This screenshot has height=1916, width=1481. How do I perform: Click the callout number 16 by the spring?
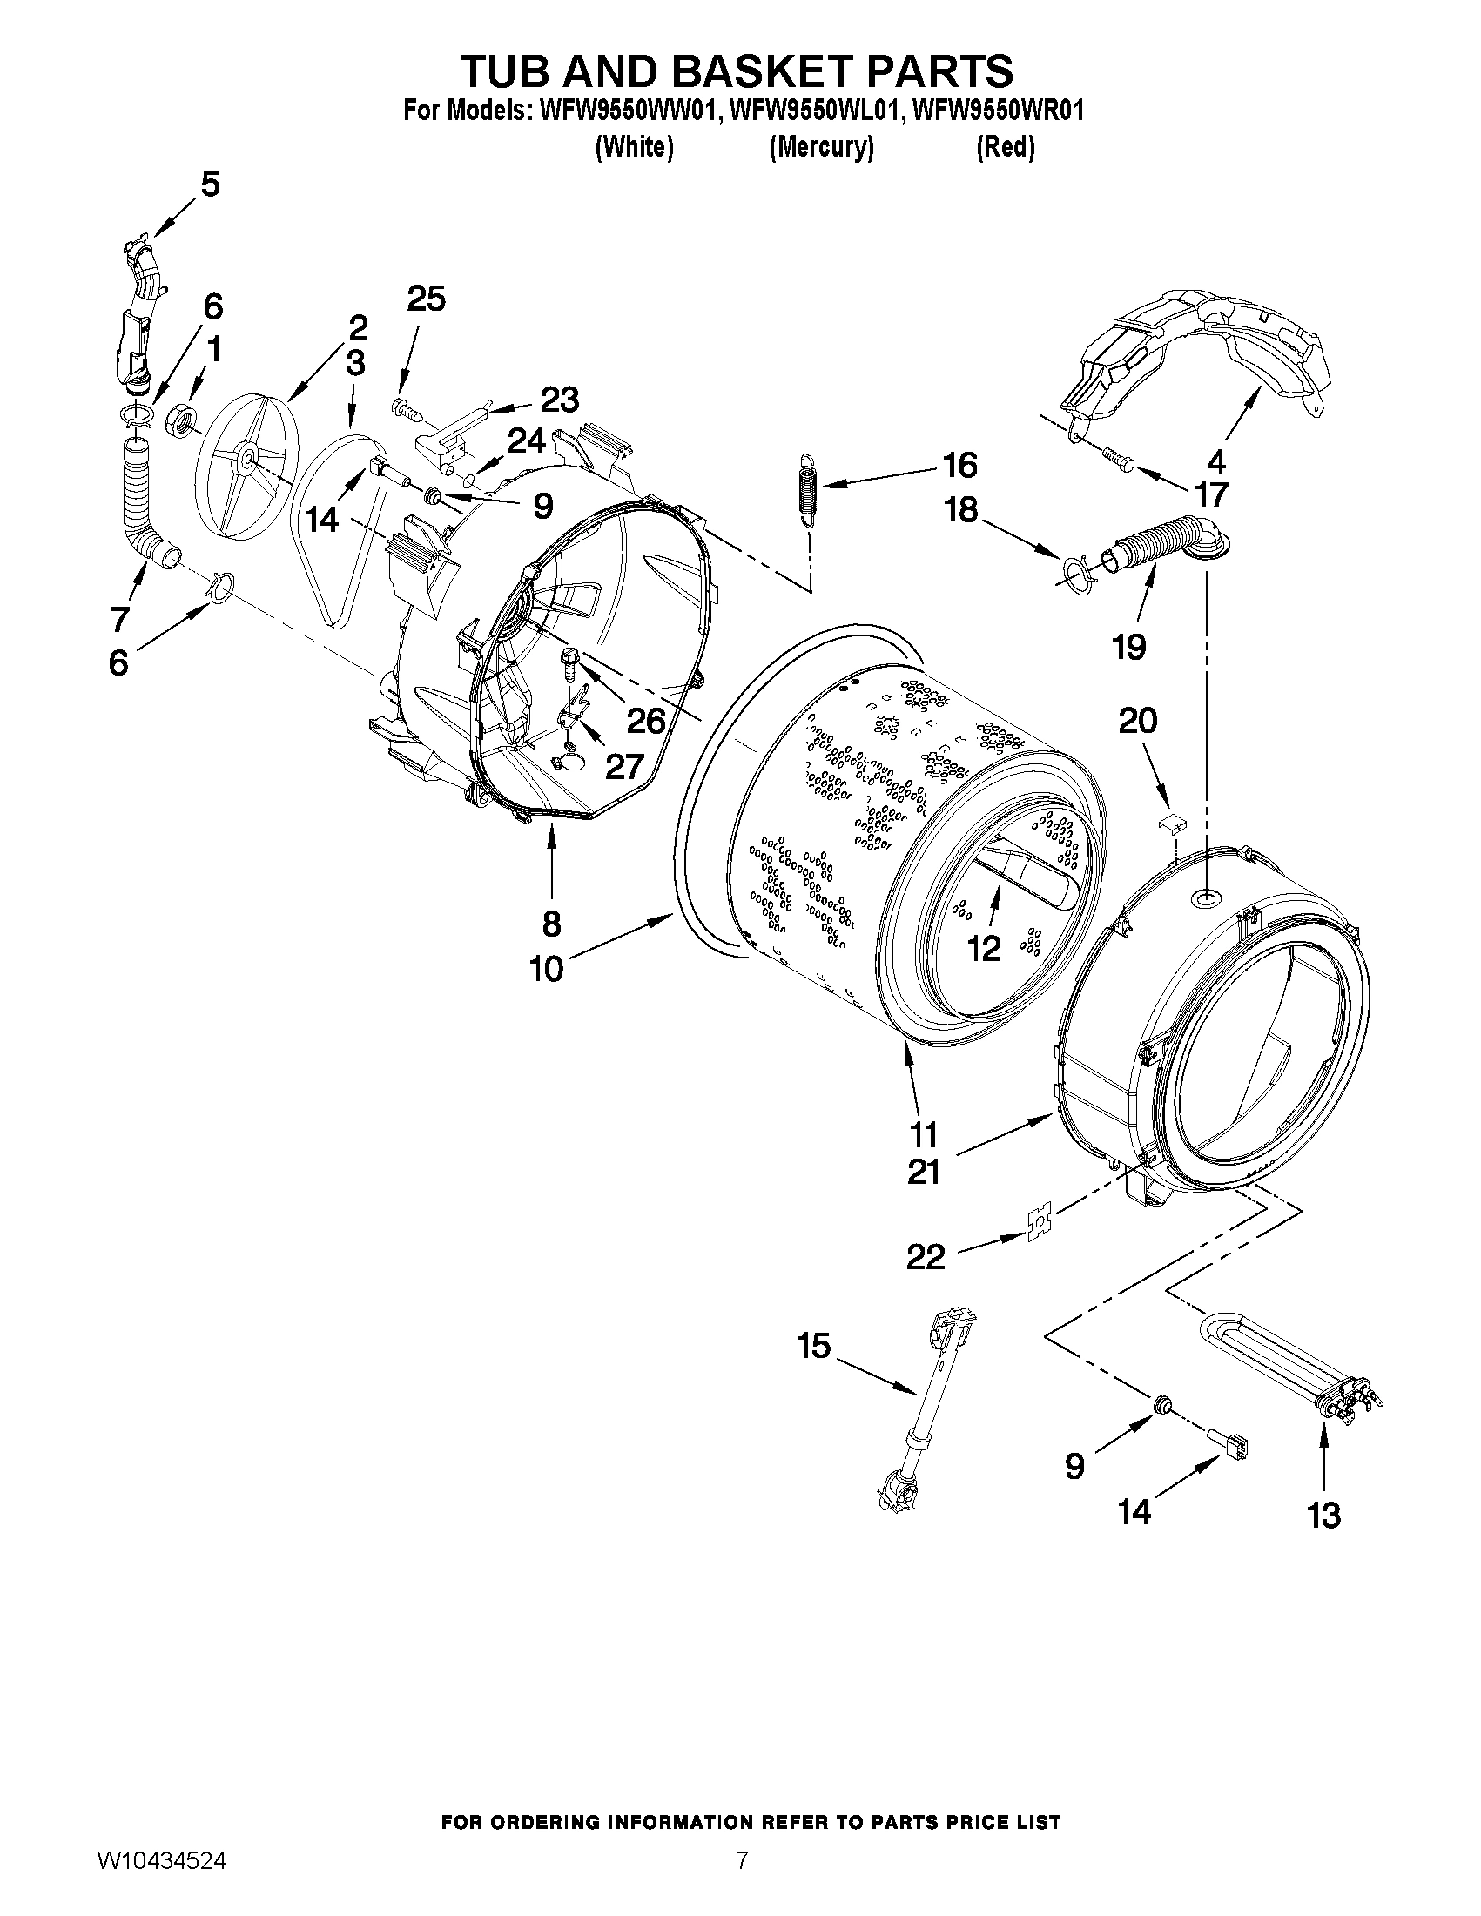(x=959, y=466)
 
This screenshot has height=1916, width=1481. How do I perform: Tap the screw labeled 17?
(x=1114, y=457)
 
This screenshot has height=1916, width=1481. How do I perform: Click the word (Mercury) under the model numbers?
(x=821, y=147)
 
